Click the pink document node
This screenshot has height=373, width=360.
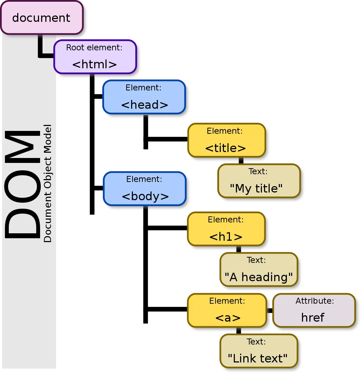(42, 18)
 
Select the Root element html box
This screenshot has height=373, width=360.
(95, 57)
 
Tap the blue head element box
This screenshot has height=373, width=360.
(144, 97)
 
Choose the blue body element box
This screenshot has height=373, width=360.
(145, 189)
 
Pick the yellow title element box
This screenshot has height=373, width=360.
(227, 140)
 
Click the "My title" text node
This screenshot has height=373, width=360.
(259, 181)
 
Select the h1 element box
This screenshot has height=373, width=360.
(226, 229)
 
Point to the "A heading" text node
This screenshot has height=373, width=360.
(259, 270)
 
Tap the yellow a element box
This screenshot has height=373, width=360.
(227, 310)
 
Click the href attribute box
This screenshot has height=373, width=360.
(314, 310)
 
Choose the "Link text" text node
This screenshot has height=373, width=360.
(259, 351)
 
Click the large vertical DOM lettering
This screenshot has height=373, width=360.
(22, 184)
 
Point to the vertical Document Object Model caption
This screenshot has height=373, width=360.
(47, 183)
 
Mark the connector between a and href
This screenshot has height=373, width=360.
(270, 310)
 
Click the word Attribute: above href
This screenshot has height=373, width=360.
(315, 301)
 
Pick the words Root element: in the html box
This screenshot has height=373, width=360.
(94, 48)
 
